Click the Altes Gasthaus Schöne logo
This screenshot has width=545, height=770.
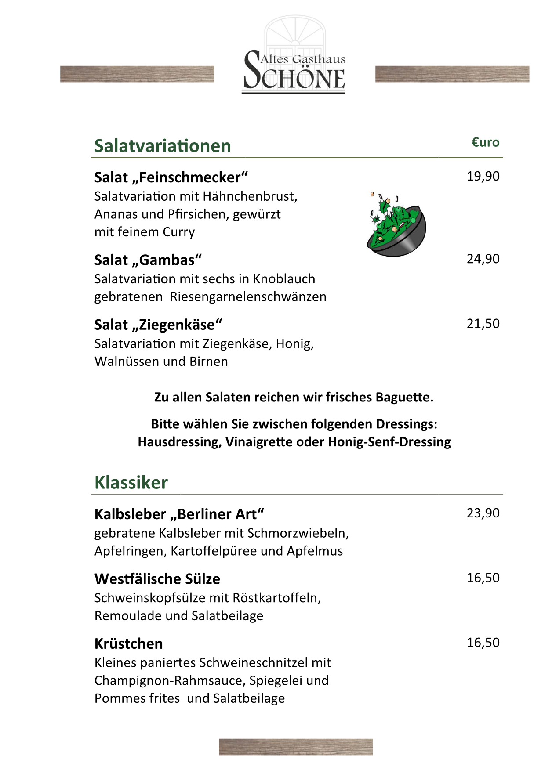coord(294,57)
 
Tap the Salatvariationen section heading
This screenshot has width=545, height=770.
coord(162,146)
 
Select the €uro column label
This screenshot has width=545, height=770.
coord(485,142)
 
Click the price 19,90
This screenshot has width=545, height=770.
coord(483,176)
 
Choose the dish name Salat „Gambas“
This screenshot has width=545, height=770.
coord(148,260)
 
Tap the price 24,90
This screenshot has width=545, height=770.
coord(483,259)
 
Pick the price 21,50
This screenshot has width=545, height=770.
coord(483,324)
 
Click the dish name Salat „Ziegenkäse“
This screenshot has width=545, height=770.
coord(158,325)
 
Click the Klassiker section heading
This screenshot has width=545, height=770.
coord(131,482)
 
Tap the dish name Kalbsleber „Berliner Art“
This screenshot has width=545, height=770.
coord(179,514)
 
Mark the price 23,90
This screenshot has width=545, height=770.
coord(483,513)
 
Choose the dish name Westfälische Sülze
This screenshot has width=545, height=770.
coord(157,579)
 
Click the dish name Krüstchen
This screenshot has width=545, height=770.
coord(128,643)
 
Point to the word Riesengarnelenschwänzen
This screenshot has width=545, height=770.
coord(248,297)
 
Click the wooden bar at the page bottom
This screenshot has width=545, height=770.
coord(295,747)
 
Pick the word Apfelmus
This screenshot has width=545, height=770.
coord(315,551)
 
